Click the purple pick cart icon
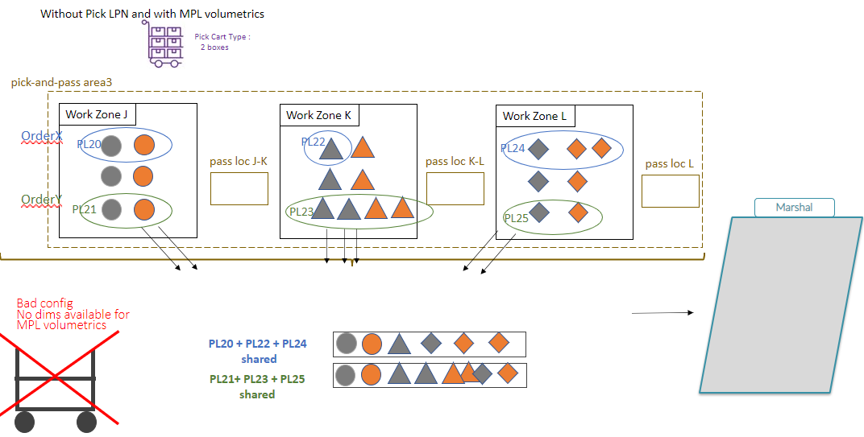(165, 43)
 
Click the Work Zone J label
(97, 115)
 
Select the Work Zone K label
(319, 116)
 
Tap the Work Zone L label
(534, 117)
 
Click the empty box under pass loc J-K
(239, 188)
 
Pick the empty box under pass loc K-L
(455, 188)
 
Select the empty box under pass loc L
(671, 191)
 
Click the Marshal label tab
(794, 208)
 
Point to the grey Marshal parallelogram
(781, 304)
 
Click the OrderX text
(42, 137)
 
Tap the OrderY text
(42, 200)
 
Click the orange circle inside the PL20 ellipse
(143, 146)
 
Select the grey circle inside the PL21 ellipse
(112, 209)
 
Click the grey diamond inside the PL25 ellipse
(539, 212)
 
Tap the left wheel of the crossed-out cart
(24, 421)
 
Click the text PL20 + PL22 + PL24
(257, 344)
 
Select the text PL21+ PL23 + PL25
(256, 379)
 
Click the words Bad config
(45, 303)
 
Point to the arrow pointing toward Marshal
(662, 312)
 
